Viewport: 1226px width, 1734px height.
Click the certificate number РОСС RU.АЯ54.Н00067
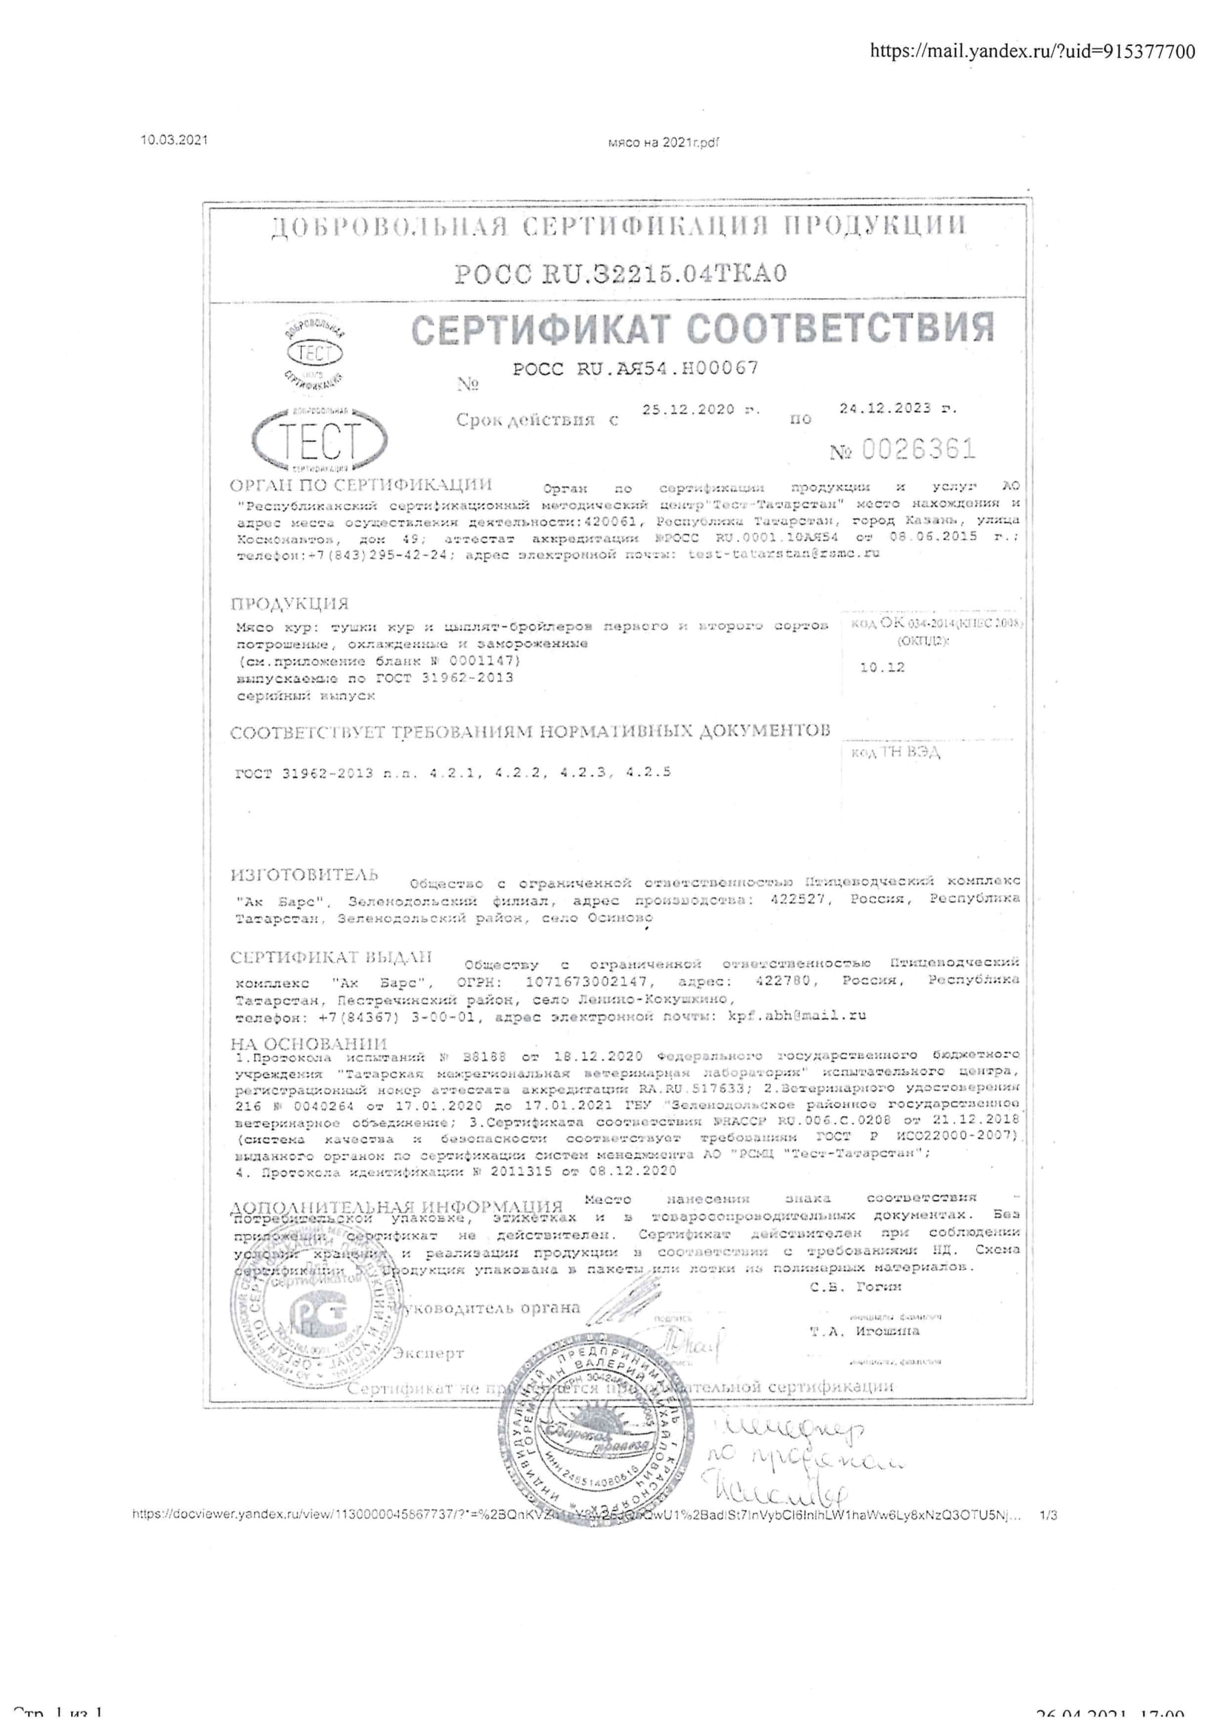[x=636, y=369]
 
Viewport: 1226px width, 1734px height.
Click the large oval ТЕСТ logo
[x=320, y=441]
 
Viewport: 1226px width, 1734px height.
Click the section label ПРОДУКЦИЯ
[x=290, y=604]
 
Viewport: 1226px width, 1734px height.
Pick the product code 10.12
[x=882, y=667]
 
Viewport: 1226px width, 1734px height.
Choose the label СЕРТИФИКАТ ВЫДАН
[x=331, y=957]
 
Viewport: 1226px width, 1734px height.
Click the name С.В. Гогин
[x=855, y=1287]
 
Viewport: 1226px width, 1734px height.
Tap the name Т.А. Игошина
[x=865, y=1331]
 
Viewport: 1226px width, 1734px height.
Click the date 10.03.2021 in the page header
[x=174, y=139]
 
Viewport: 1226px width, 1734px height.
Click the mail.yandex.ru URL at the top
[x=1033, y=51]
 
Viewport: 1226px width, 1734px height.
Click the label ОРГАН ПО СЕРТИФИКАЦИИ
[x=361, y=484]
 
